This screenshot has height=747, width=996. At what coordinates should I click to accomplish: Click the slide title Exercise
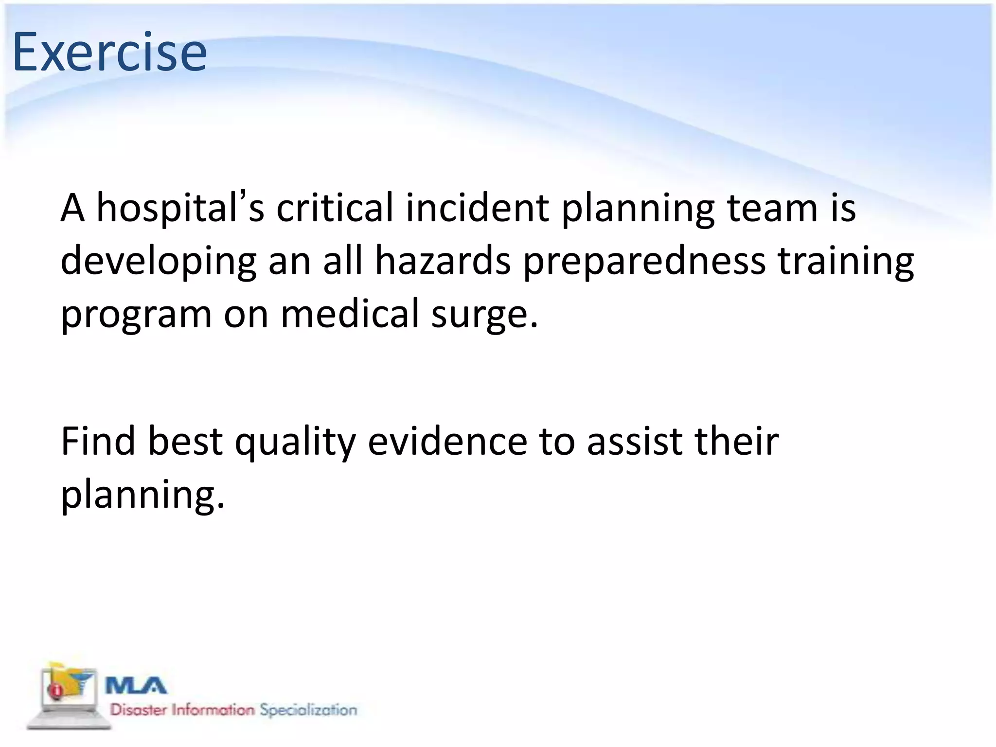(x=109, y=53)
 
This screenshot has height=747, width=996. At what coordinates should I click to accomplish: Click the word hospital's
(x=180, y=208)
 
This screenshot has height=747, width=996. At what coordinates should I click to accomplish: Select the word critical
(x=335, y=208)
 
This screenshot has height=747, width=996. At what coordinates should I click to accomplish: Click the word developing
(x=158, y=262)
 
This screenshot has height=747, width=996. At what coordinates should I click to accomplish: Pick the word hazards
(x=443, y=261)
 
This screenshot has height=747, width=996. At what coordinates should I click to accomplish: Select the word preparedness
(x=644, y=262)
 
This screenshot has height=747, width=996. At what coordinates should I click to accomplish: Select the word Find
(x=98, y=441)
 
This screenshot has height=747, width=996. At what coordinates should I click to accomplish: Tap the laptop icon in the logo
(x=68, y=695)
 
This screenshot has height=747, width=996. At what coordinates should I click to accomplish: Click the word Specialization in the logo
(x=308, y=710)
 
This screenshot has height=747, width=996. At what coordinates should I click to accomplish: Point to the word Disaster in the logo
(x=139, y=710)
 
